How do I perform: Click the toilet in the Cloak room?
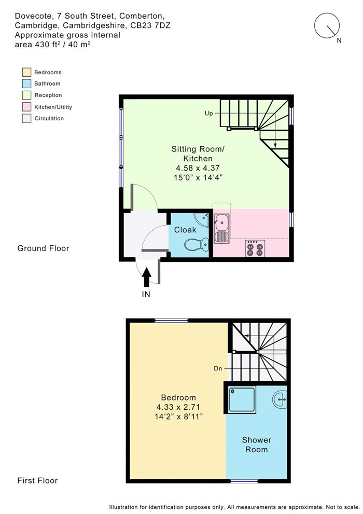(x=197, y=244)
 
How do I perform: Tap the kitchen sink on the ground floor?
(x=221, y=228)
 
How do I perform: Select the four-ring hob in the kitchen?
(x=255, y=248)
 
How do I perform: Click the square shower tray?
(x=242, y=399)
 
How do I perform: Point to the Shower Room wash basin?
(x=280, y=399)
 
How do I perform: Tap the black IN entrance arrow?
(x=146, y=277)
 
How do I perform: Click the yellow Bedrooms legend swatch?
(x=26, y=72)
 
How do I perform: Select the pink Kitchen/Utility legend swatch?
(x=26, y=107)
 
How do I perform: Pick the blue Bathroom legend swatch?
(x=26, y=84)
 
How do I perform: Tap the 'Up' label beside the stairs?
(x=208, y=114)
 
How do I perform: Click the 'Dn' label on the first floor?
(x=218, y=368)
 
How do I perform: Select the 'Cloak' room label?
(x=185, y=230)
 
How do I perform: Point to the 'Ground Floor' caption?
(x=43, y=248)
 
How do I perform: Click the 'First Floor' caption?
(x=37, y=481)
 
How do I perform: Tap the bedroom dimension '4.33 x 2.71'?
(x=178, y=407)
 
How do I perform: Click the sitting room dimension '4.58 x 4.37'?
(x=198, y=168)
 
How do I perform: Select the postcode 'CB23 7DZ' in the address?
(x=150, y=25)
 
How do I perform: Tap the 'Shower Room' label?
(x=257, y=444)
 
